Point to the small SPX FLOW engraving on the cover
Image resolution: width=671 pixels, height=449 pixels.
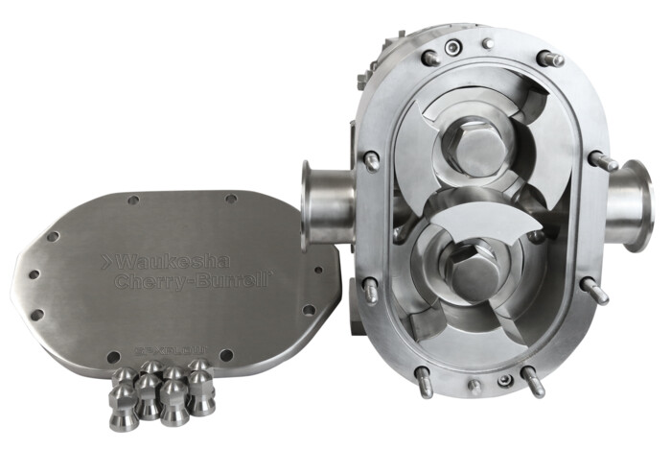163,341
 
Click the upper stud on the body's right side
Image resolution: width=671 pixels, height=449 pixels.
602,161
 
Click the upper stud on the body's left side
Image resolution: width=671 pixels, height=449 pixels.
371,159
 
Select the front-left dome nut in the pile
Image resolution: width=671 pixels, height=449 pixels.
124,404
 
